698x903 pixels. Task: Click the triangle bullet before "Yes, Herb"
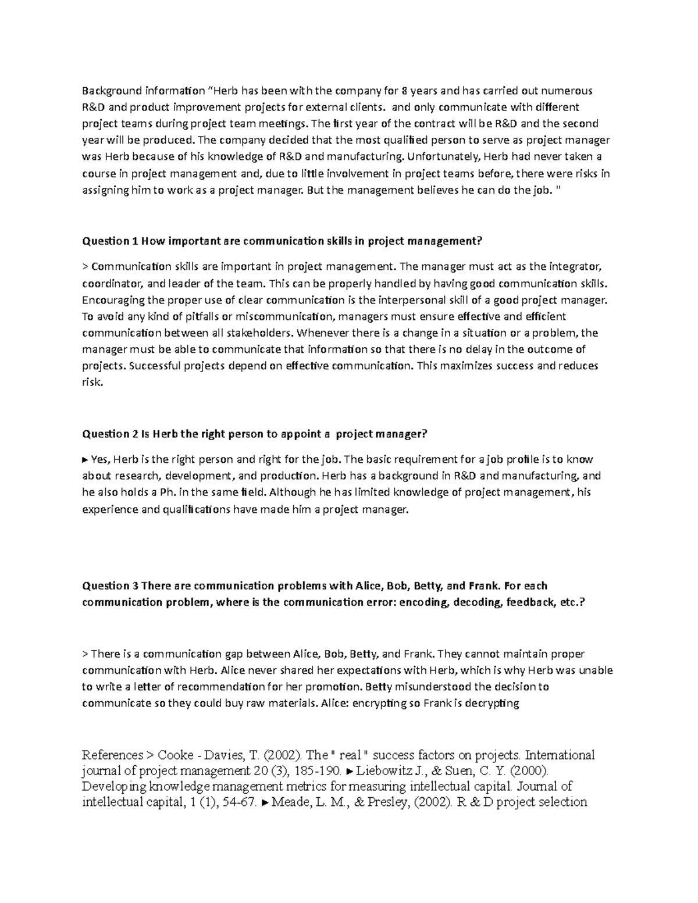[x=86, y=460]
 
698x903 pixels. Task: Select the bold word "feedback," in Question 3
[x=530, y=602]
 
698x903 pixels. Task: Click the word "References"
[x=113, y=755]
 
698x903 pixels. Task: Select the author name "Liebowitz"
[x=383, y=772]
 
